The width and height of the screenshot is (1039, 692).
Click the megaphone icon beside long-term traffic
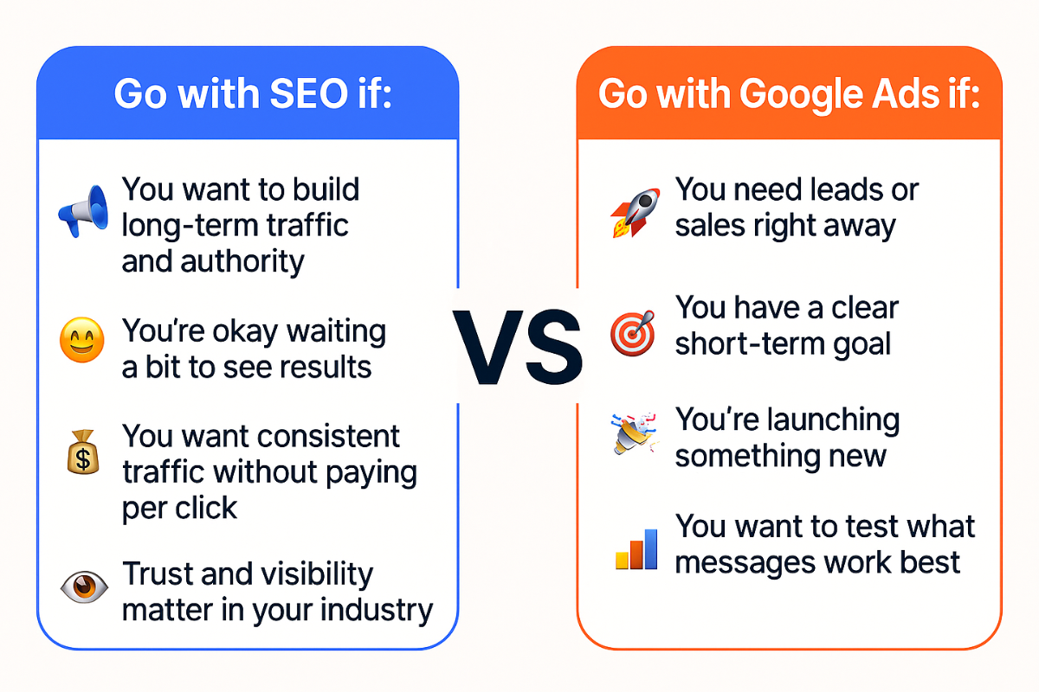click(x=82, y=211)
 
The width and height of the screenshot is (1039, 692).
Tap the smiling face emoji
click(x=81, y=340)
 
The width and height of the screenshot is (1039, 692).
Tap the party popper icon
click(x=629, y=436)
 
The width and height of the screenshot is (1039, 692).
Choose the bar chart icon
click(x=635, y=547)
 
